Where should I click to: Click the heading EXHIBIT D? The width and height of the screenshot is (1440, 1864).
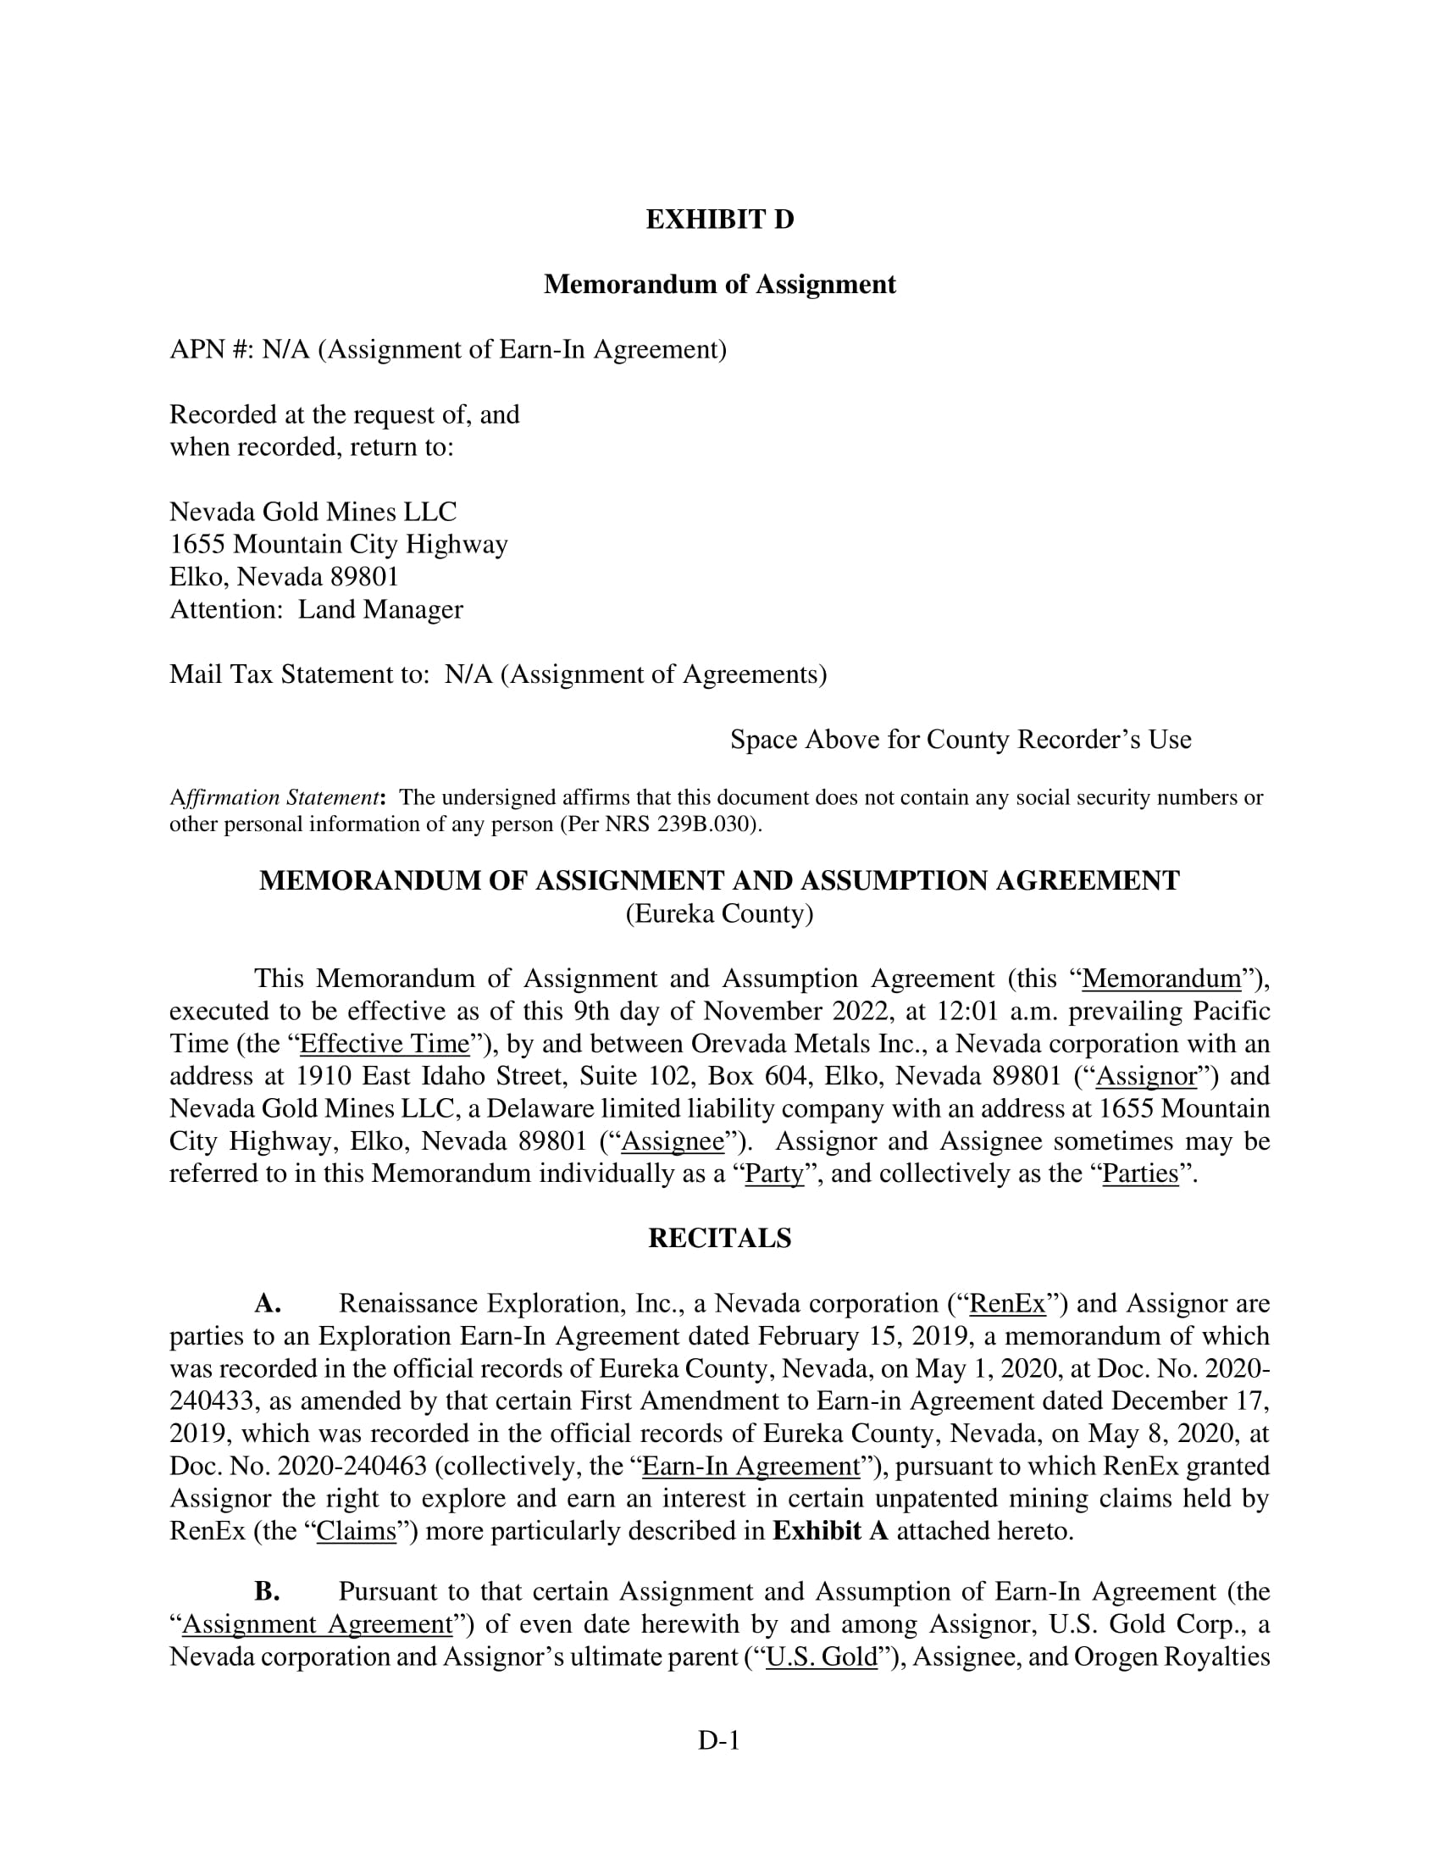click(719, 219)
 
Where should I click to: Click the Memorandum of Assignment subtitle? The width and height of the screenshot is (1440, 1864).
click(719, 284)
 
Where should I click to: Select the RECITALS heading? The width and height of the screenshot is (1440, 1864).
click(719, 1239)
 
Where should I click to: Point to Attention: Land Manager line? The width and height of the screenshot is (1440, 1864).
click(316, 609)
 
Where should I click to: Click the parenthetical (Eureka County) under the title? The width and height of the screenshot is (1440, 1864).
click(719, 914)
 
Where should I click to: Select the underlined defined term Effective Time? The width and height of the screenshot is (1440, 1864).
click(385, 1044)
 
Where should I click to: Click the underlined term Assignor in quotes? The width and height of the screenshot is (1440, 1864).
click(1146, 1076)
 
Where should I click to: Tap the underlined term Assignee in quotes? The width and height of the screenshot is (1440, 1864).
click(673, 1141)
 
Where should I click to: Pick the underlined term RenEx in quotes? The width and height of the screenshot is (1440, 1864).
click(1007, 1303)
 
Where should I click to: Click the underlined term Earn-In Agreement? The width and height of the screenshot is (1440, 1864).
click(750, 1466)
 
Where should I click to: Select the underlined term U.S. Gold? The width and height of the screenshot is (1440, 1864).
click(822, 1656)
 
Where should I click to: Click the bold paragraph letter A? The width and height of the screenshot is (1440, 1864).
click(267, 1303)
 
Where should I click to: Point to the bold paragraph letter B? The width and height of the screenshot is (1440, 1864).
click(267, 1592)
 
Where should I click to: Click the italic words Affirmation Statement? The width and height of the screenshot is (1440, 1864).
click(274, 798)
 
